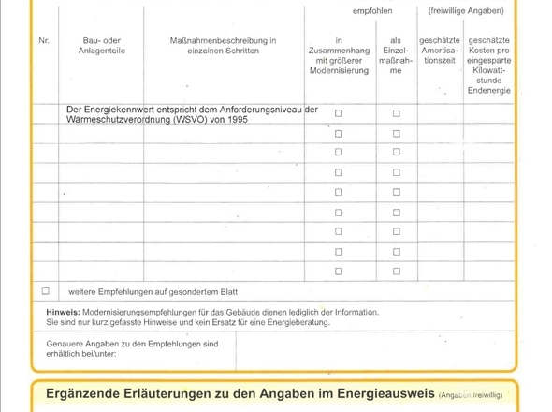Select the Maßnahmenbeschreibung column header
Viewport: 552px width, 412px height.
(x=223, y=47)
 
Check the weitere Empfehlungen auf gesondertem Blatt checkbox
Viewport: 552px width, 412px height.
(x=45, y=290)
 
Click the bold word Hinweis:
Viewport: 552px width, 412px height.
(x=62, y=311)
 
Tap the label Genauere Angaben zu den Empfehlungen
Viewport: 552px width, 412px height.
(x=132, y=344)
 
